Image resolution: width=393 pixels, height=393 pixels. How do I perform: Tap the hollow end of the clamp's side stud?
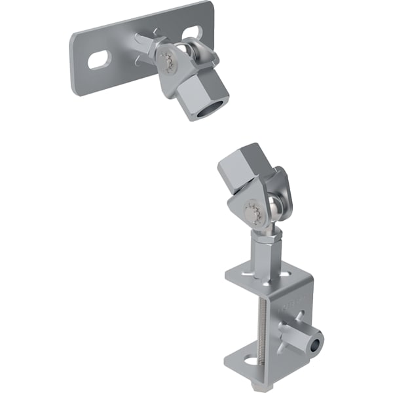[318, 344]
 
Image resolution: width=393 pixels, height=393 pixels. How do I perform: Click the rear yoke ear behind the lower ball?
[282, 187]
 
